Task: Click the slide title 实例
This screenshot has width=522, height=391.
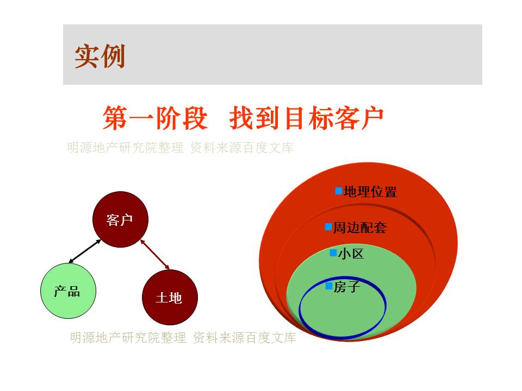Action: coord(100,56)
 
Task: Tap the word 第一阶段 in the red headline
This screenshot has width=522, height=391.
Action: coord(155,118)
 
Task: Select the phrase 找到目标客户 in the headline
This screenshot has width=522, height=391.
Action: coord(306,118)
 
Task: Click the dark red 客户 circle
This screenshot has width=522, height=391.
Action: coord(120,219)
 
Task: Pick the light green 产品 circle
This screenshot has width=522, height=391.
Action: coord(69,291)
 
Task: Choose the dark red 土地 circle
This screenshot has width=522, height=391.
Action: coord(170,297)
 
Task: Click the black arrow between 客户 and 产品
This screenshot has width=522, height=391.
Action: coord(85,251)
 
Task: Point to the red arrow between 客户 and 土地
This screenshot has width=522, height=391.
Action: coord(155,254)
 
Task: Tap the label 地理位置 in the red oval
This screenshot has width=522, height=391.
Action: coord(370,192)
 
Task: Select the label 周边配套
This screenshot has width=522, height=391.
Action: coord(360,228)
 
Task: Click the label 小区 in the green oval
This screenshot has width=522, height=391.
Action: coord(351,254)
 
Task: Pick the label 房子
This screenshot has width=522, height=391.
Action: coord(347,287)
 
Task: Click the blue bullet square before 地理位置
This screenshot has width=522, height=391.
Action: coord(339,191)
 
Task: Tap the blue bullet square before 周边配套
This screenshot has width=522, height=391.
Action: coord(328,227)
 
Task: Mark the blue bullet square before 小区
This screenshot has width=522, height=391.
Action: coord(333,253)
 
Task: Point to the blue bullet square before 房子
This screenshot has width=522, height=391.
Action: coord(330,286)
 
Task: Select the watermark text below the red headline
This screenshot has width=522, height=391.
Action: coord(180,148)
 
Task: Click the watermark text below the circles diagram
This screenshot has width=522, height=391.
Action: coord(183,338)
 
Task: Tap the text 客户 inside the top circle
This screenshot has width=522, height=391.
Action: coord(120,220)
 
